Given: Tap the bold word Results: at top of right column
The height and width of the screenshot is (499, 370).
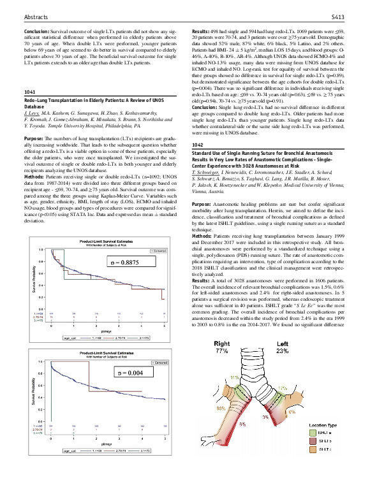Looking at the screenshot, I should click(203, 31).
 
